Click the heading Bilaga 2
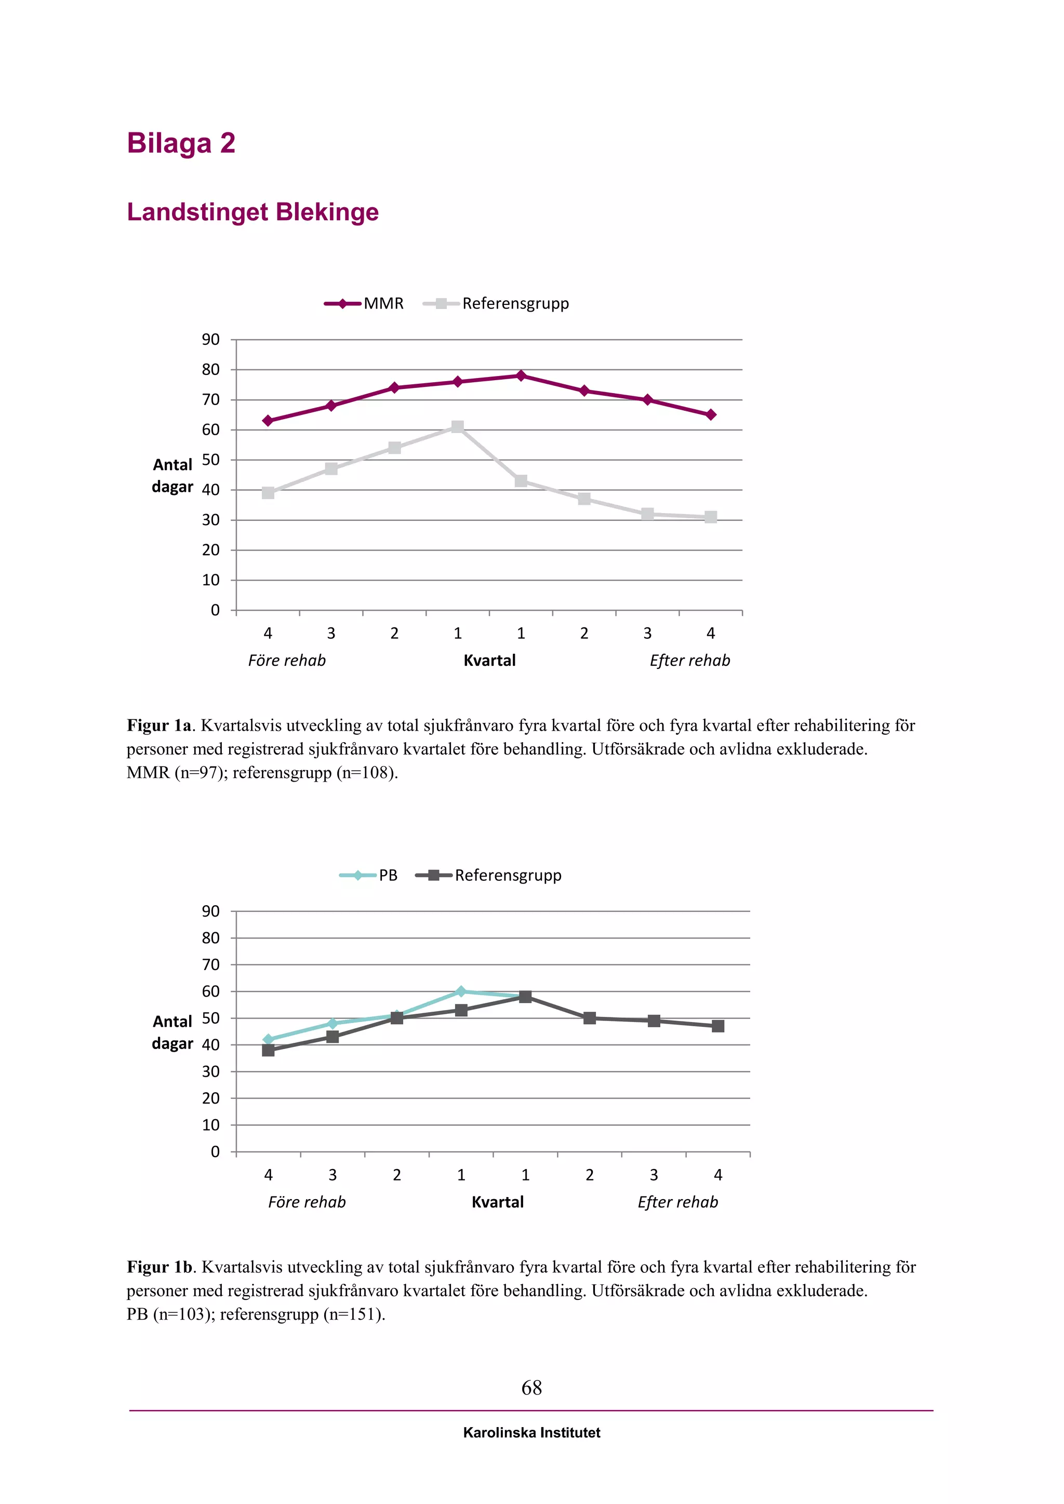(181, 143)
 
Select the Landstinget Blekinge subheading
(252, 212)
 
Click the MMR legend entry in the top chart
(383, 303)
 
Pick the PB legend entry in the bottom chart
(388, 875)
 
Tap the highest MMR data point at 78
(521, 376)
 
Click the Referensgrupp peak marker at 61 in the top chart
(457, 427)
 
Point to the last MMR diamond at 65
(711, 414)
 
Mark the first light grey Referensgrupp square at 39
(268, 493)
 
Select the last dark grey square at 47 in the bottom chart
(718, 1026)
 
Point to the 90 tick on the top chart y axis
(211, 340)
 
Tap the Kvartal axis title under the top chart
(489, 660)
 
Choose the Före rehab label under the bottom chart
(307, 1202)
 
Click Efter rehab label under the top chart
(690, 660)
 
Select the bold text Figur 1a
(159, 726)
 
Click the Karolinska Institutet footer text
(531, 1433)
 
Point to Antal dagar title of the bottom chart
(172, 1032)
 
